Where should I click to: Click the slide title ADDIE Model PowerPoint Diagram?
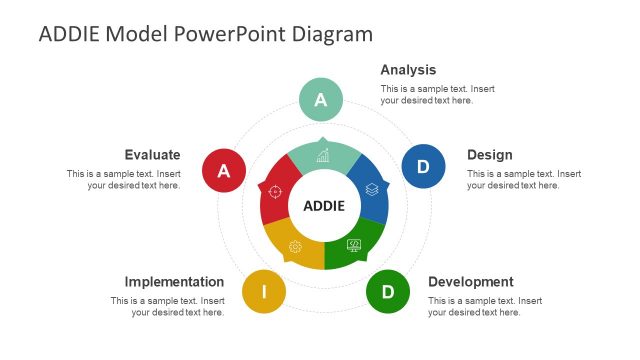pyautogui.click(x=205, y=34)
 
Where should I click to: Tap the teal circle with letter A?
pyautogui.click(x=321, y=100)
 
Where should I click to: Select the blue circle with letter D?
pyautogui.click(x=423, y=166)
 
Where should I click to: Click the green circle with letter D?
pyautogui.click(x=388, y=292)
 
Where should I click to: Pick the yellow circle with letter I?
pyautogui.click(x=264, y=292)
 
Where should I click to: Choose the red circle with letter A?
pyautogui.click(x=224, y=171)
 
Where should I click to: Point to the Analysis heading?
pyautogui.click(x=408, y=70)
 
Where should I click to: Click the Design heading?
pyautogui.click(x=489, y=155)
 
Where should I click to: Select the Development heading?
pyautogui.click(x=470, y=282)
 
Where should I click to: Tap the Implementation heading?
pyautogui.click(x=174, y=282)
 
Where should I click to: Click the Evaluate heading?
pyautogui.click(x=152, y=155)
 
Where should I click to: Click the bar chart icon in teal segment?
pyautogui.click(x=323, y=155)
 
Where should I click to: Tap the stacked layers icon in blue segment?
pyautogui.click(x=371, y=188)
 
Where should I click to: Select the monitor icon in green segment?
pyautogui.click(x=353, y=245)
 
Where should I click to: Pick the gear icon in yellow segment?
pyautogui.click(x=295, y=247)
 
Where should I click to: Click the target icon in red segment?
pyautogui.click(x=275, y=191)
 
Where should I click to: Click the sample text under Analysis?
pyautogui.click(x=437, y=94)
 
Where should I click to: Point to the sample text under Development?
pyautogui.click(x=485, y=306)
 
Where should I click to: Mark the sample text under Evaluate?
pyautogui.click(x=123, y=179)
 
